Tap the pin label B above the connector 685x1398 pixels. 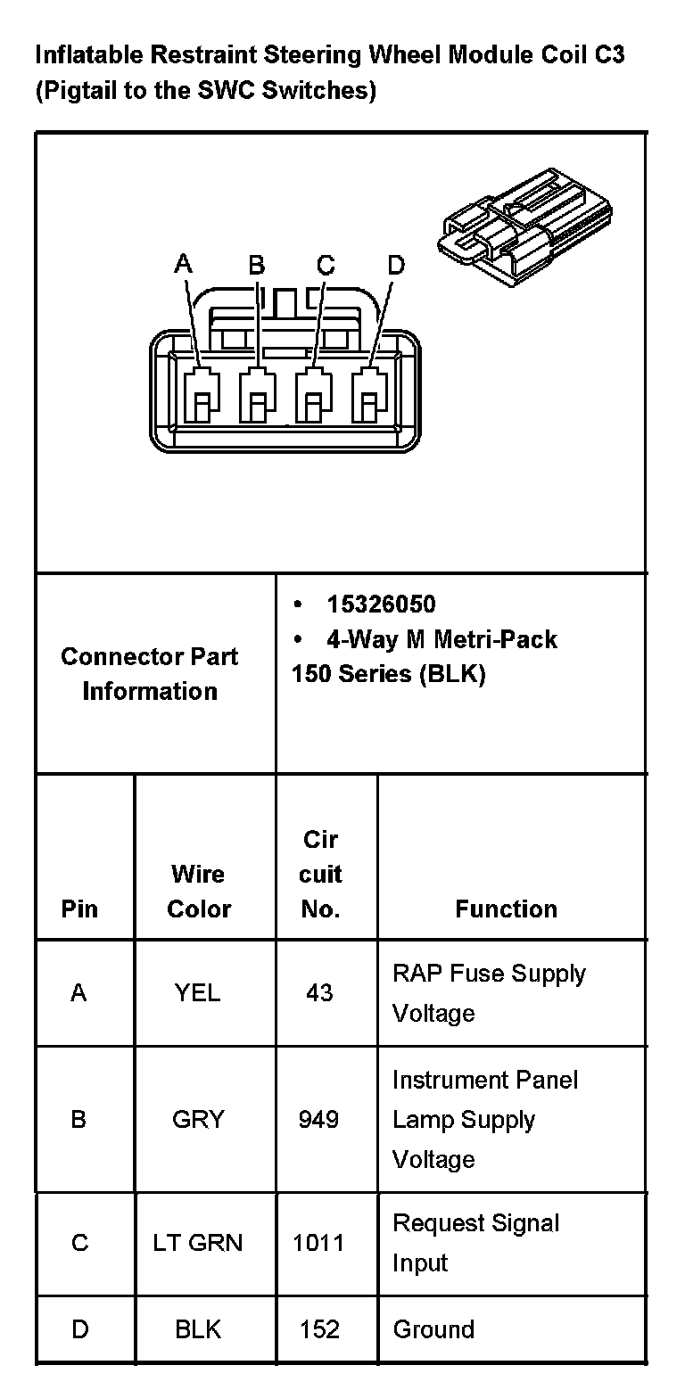click(x=257, y=265)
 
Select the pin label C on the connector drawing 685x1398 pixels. click(x=326, y=265)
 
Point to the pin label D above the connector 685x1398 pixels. click(x=396, y=265)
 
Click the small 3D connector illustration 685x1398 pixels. click(x=525, y=226)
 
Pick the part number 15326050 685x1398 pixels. click(x=381, y=604)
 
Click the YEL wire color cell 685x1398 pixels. click(x=198, y=992)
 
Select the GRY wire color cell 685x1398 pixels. click(x=198, y=1119)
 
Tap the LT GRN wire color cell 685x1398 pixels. click(x=198, y=1243)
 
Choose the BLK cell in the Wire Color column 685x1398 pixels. click(x=198, y=1329)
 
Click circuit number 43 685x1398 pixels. click(x=319, y=992)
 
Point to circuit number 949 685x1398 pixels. click(x=319, y=1119)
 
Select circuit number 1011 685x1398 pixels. click(x=318, y=1243)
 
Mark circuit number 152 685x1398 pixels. click(x=319, y=1329)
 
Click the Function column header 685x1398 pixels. click(x=506, y=909)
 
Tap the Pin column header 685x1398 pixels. click(x=79, y=909)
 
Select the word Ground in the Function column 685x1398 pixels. click(x=433, y=1329)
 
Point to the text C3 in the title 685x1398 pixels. click(x=607, y=55)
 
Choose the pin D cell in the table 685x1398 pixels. click(x=79, y=1329)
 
